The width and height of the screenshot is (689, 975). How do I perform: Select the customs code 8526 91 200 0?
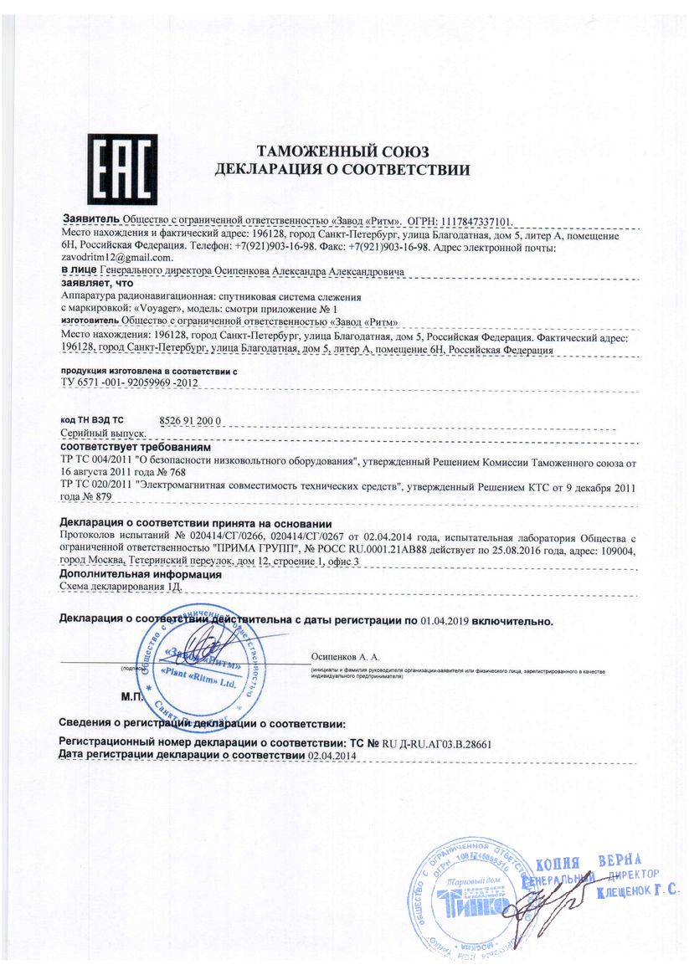point(191,420)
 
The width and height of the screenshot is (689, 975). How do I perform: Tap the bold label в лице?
point(79,271)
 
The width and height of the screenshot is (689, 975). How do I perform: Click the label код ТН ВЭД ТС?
point(92,419)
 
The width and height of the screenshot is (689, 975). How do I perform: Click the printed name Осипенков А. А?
point(345,659)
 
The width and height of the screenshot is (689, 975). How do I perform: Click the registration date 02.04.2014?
point(332,756)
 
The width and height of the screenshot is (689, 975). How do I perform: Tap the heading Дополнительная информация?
point(140,575)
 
